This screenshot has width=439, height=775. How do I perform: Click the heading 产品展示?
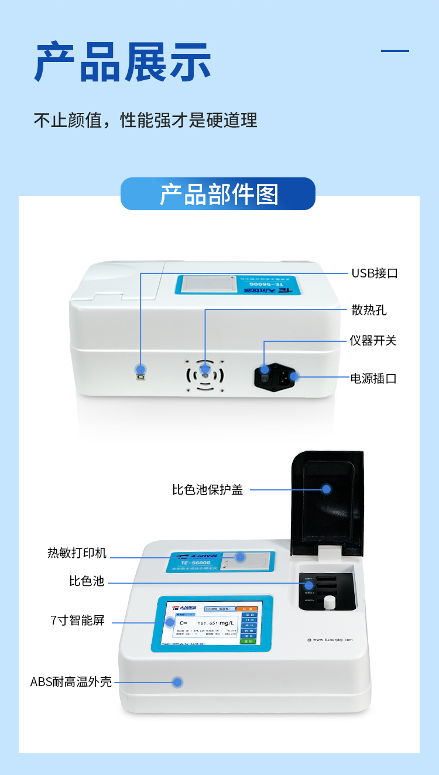click(x=122, y=62)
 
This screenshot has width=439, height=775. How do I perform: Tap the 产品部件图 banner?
click(x=218, y=194)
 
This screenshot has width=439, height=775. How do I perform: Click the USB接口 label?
click(x=374, y=273)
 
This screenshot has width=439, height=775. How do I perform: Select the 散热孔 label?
click(x=369, y=310)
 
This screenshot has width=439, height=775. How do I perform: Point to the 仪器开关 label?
click(x=373, y=341)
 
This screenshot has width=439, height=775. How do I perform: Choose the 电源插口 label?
click(x=373, y=378)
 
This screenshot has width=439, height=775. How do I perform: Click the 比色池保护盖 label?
click(x=207, y=489)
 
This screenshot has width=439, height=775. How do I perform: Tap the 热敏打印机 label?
click(x=77, y=553)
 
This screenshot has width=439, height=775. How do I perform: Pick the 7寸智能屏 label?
click(x=78, y=620)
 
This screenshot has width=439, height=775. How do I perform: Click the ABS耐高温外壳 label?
click(x=71, y=681)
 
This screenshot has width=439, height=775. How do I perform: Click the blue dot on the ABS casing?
click(x=177, y=682)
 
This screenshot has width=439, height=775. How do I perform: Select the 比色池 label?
click(x=87, y=581)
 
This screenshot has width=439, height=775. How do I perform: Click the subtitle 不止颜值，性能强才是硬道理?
click(x=145, y=120)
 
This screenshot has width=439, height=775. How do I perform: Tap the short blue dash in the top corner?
click(x=395, y=51)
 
